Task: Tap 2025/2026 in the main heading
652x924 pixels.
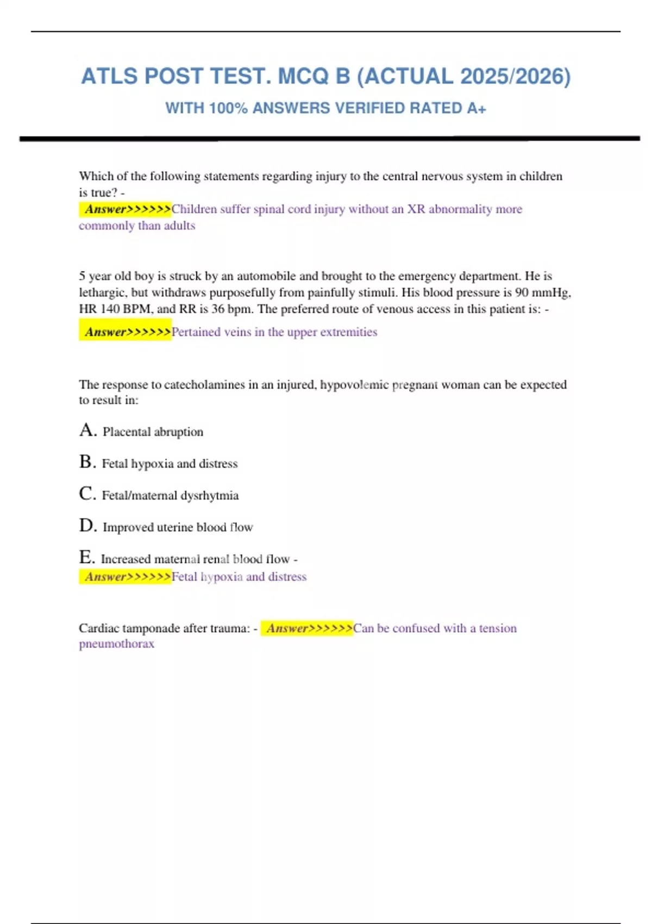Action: tap(515, 77)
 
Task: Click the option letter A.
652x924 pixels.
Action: tap(87, 430)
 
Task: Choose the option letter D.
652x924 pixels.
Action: tap(87, 526)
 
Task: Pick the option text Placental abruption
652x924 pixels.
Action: tap(153, 432)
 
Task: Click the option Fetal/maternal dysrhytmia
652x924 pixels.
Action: tap(170, 496)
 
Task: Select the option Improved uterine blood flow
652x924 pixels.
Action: tap(178, 527)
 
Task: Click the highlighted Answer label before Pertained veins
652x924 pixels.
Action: tap(126, 332)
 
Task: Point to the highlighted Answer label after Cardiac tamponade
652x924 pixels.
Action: tap(307, 628)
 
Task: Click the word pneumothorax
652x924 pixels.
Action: tap(116, 644)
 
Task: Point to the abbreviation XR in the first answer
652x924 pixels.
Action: tap(416, 209)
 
